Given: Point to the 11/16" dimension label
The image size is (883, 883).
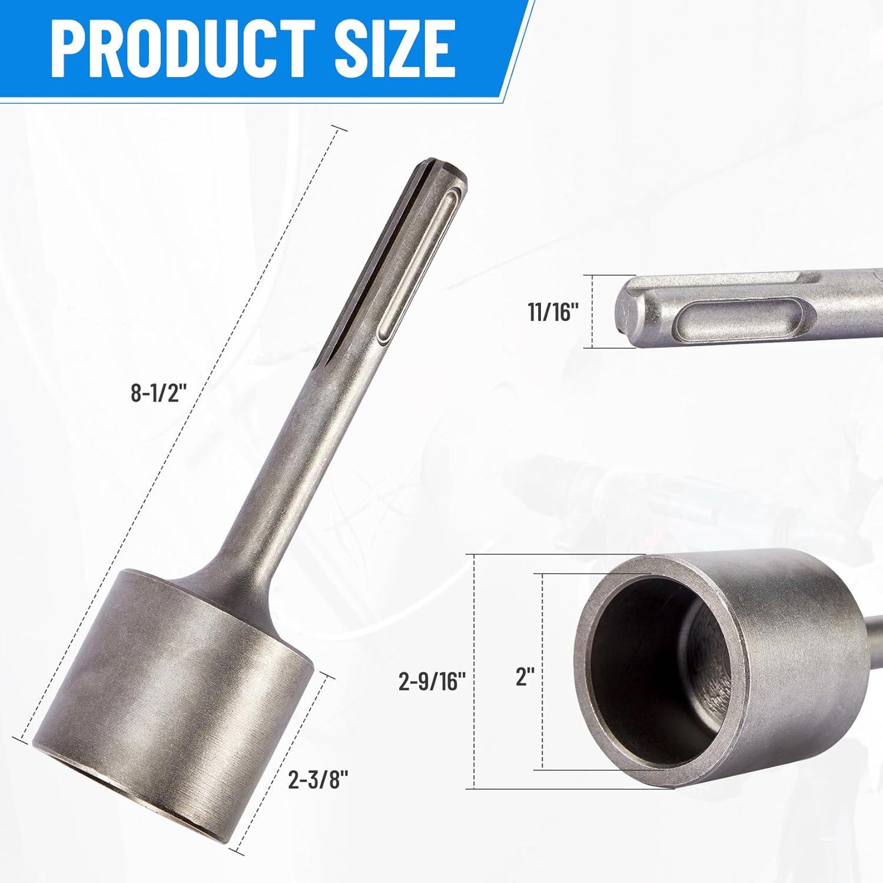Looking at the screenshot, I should coord(553,311).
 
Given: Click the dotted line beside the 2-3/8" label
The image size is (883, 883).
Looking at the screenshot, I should coord(283,765).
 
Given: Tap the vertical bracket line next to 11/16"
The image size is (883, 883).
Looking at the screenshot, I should coord(592,311).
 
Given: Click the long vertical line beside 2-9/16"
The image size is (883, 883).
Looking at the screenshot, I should coord(474,671).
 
